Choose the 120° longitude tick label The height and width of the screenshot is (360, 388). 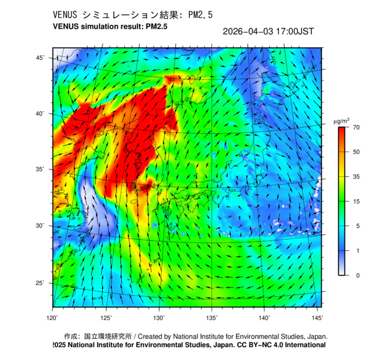point(53,317)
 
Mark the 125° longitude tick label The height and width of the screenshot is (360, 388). point(106,317)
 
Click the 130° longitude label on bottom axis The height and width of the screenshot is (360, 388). point(159,317)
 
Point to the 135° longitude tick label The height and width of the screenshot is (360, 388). point(212,317)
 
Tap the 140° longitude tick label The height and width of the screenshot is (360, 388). point(264,317)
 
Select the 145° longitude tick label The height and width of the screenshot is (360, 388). point(317,317)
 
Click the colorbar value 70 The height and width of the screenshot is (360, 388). point(357,128)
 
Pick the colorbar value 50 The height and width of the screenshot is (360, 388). point(357,152)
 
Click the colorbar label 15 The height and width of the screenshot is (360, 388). point(357,201)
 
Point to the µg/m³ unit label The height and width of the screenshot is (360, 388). point(341,120)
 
